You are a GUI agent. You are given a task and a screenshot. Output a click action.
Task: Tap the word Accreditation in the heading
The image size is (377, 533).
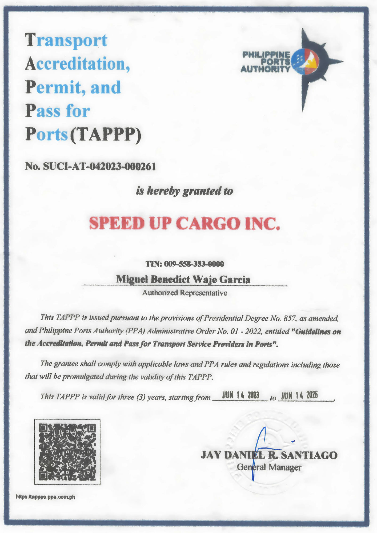tap(77, 64)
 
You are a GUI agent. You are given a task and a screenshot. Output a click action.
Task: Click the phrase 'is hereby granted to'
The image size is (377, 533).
tap(184, 191)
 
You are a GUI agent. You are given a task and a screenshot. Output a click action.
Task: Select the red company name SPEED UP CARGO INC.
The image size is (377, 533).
tap(185, 223)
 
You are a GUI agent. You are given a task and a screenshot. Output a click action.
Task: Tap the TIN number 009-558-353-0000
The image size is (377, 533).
tap(194, 264)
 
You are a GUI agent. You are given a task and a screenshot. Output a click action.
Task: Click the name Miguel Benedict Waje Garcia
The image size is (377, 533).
tap(183, 279)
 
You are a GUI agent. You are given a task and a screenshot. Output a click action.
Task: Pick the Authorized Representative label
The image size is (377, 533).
tap(185, 293)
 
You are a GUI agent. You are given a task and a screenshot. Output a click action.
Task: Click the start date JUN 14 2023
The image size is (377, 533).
tap(240, 395)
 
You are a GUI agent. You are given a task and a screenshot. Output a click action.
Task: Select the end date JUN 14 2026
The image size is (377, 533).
tap(299, 395)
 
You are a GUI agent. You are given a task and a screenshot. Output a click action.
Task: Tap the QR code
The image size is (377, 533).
tap(67, 452)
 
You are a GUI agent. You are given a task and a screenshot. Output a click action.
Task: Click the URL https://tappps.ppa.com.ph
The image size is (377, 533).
tap(46, 497)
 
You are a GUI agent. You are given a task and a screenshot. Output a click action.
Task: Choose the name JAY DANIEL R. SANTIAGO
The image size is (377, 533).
tap(269, 455)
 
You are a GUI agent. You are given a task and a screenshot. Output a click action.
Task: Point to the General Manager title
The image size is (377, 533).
tap(269, 467)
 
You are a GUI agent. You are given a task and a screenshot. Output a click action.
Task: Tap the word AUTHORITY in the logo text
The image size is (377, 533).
tap(265, 69)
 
